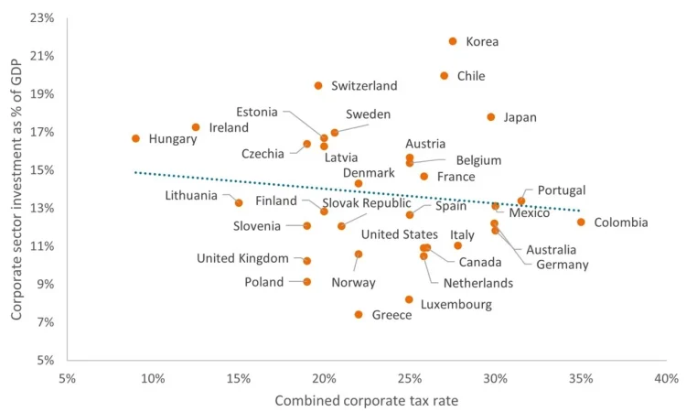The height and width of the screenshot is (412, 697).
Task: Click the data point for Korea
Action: pyautogui.click(x=453, y=41)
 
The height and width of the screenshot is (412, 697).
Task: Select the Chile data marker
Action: pyautogui.click(x=445, y=76)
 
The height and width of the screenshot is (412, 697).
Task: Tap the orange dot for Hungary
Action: pyautogui.click(x=135, y=138)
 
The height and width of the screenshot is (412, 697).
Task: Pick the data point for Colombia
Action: pyautogui.click(x=581, y=222)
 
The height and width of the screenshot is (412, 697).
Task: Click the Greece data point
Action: pyautogui.click(x=359, y=314)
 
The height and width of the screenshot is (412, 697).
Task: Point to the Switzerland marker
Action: pyautogui.click(x=318, y=85)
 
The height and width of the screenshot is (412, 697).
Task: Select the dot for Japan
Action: pyautogui.click(x=491, y=117)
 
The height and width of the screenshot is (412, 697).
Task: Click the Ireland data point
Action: pyautogui.click(x=196, y=127)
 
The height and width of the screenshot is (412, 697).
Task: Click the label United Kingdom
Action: pyautogui.click(x=242, y=259)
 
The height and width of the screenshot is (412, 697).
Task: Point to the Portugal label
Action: pyautogui.click(x=562, y=190)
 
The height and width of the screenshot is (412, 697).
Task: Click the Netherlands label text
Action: pyautogui.click(x=478, y=283)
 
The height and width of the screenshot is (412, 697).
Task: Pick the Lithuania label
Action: pyautogui.click(x=191, y=195)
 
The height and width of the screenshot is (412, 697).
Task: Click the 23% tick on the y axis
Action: pyautogui.click(x=42, y=17)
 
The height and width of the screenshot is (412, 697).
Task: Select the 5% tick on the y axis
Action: pyautogui.click(x=46, y=360)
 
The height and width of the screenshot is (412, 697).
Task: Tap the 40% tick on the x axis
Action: pyautogui.click(x=666, y=378)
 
